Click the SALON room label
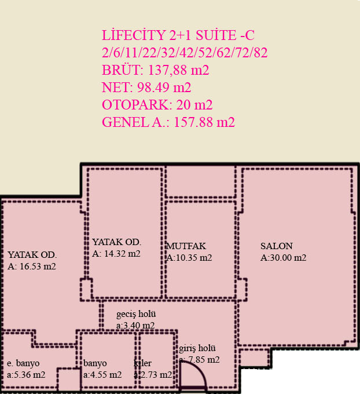point(277,246)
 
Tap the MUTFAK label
point(186,246)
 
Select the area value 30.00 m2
point(284,258)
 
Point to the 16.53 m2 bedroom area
point(32,267)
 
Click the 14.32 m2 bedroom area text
point(116,254)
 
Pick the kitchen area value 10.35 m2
point(189,258)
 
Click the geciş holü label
point(136,314)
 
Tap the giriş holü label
point(197,348)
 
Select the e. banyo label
point(23,363)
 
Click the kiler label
point(142,363)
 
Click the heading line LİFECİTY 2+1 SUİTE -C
point(178,35)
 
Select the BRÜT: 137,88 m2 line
point(155,70)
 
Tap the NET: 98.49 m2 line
point(146,87)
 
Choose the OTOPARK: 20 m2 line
point(157,105)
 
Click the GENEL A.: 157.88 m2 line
point(168,122)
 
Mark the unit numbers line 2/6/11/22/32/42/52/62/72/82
point(185,53)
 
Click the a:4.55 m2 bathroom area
point(102,375)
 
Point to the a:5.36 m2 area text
point(26,375)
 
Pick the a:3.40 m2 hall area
point(135,326)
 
